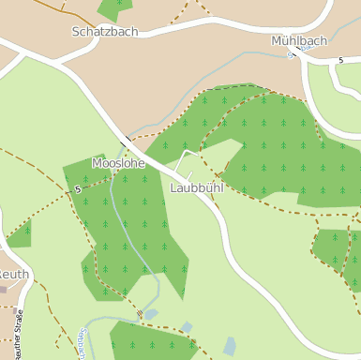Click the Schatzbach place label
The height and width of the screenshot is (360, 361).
[104, 31]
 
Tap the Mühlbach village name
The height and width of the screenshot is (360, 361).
[299, 41]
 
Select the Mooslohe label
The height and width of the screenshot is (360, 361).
[118, 163]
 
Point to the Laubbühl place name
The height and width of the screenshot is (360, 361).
[197, 187]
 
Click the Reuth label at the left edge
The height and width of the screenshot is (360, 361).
[14, 275]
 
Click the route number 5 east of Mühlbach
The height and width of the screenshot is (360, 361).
[340, 60]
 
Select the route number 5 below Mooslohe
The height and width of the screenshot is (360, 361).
[77, 189]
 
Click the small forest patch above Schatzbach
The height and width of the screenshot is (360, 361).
[115, 8]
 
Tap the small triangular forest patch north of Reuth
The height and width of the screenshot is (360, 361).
[21, 233]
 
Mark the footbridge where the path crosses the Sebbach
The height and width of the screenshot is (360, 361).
[139, 312]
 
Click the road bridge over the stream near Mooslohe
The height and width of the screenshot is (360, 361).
[125, 142]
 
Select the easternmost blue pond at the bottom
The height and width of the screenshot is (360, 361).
[230, 347]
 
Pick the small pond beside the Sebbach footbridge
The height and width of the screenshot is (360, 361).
[151, 314]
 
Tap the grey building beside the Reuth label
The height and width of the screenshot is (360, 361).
[4, 290]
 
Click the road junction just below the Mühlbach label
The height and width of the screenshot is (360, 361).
[293, 55]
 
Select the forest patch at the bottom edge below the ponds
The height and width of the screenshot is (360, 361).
[150, 342]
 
